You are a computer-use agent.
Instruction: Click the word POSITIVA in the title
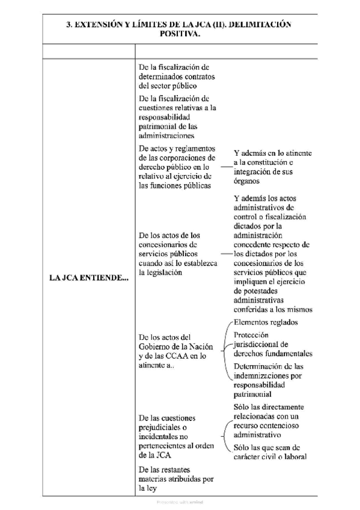180,35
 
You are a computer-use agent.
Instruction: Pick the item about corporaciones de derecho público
175,166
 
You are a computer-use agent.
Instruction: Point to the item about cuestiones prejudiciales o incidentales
175,436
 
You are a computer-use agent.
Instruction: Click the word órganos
248,180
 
